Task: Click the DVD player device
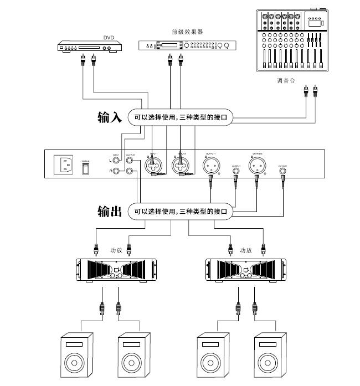pyautogui.click(x=89, y=47)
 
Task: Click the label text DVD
pyautogui.click(x=109, y=38)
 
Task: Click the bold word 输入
pyautogui.click(x=109, y=117)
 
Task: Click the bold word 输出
pyautogui.click(x=109, y=212)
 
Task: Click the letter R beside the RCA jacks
pyautogui.click(x=110, y=172)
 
